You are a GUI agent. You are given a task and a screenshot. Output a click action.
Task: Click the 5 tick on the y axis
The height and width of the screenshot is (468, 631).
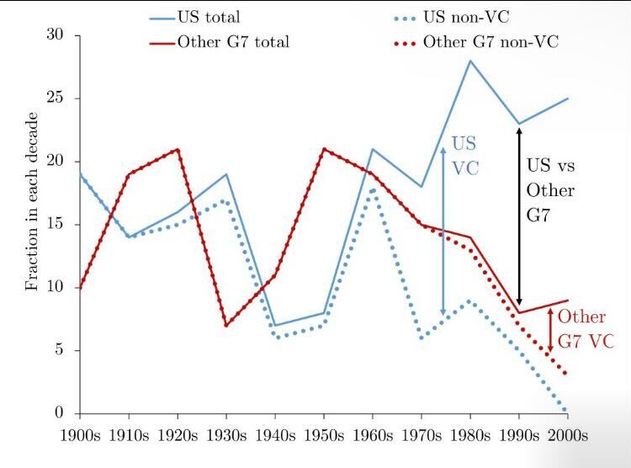[x=61, y=350]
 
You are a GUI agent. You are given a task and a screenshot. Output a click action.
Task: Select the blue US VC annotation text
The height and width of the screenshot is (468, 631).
[x=465, y=155]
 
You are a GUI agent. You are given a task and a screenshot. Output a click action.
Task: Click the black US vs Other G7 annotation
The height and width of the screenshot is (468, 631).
[x=550, y=190]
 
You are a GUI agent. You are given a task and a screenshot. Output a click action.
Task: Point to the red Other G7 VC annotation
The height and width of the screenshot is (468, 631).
[x=584, y=329]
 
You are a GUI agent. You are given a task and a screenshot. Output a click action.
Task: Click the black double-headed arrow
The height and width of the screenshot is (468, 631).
[x=519, y=215]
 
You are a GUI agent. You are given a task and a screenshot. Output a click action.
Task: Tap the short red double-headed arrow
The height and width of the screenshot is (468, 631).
[x=550, y=330]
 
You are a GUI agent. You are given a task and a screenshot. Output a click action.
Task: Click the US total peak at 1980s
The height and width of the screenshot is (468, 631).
[x=470, y=61]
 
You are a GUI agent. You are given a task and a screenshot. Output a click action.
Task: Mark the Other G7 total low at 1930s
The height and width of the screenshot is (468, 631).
[x=226, y=325]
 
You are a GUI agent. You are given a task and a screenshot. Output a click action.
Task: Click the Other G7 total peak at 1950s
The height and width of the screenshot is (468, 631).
[x=324, y=149]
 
